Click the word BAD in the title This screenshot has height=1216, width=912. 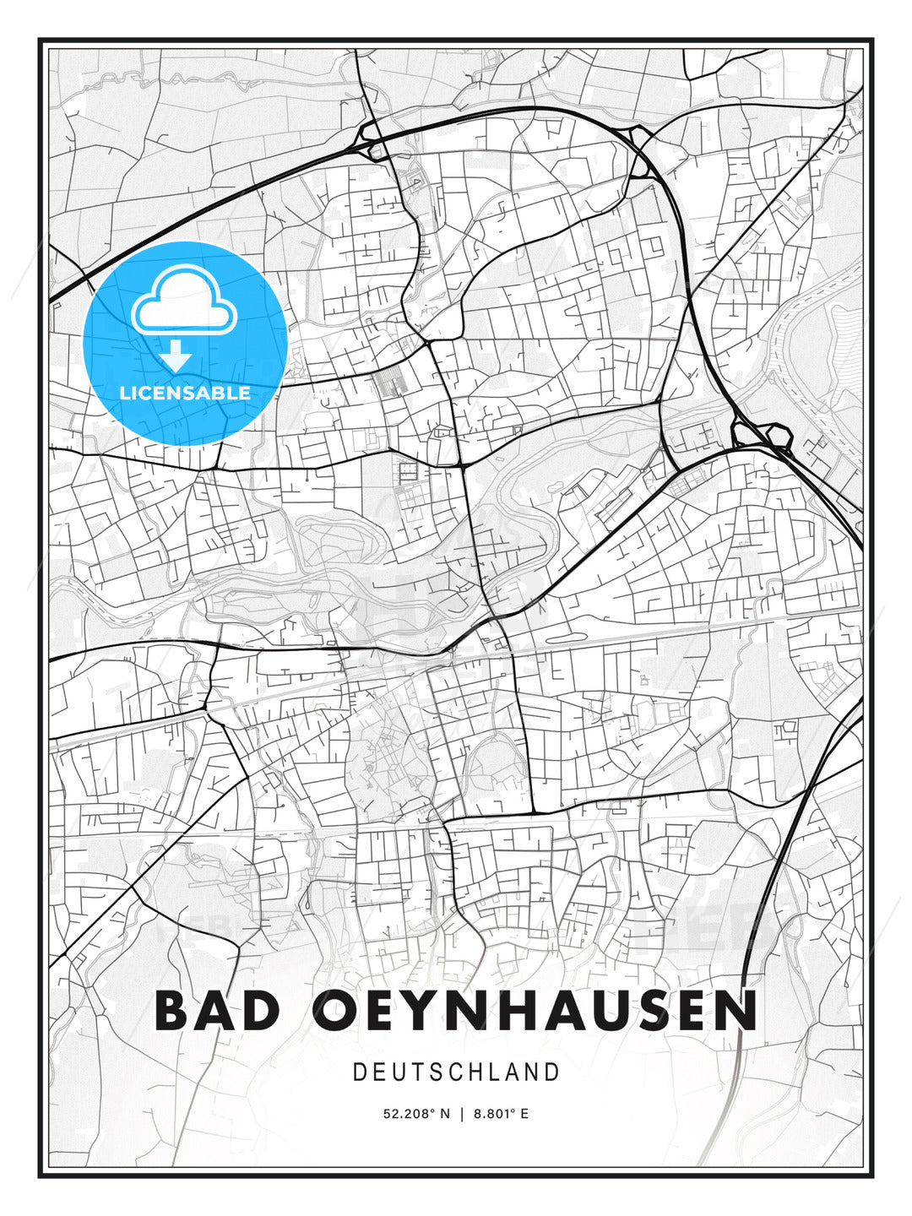click(x=217, y=1010)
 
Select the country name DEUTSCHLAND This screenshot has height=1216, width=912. click(x=456, y=1072)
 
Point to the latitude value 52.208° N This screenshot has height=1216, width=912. click(x=416, y=1114)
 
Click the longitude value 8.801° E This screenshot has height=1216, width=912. click(x=501, y=1114)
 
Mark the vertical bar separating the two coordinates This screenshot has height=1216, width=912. click(x=462, y=1114)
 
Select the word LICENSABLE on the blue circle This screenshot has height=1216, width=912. click(x=185, y=393)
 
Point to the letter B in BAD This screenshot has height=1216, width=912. click(x=175, y=1010)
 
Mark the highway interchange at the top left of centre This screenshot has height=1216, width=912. click(x=369, y=139)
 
